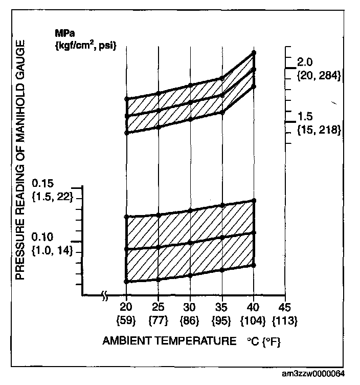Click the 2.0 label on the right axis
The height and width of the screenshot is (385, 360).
click(x=305, y=62)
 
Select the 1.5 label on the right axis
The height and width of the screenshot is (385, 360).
click(x=305, y=116)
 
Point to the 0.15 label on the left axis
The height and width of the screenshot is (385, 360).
click(x=42, y=183)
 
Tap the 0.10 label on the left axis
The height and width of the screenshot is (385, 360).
click(x=42, y=238)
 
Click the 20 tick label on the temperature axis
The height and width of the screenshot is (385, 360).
click(x=126, y=307)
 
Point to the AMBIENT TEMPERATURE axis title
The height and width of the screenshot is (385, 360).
click(x=170, y=340)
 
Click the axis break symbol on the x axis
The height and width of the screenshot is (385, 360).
click(x=104, y=295)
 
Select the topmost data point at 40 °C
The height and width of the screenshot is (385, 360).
click(x=254, y=53)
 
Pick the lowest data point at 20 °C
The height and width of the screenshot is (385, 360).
click(x=126, y=282)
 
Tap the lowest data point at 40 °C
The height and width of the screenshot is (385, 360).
click(x=254, y=265)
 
